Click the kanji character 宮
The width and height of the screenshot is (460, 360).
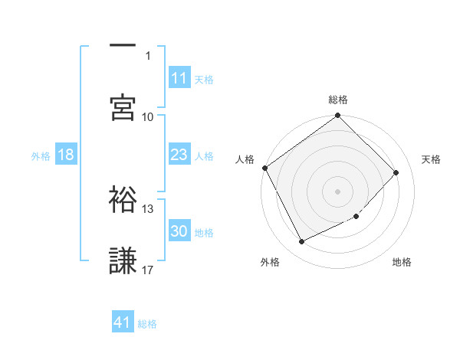click(x=123, y=106)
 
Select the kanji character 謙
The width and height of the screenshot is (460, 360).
click(x=123, y=260)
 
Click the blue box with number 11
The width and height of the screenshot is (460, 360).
click(x=179, y=78)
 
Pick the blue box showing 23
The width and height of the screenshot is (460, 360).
click(x=179, y=155)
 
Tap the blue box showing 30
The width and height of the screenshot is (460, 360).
click(x=179, y=231)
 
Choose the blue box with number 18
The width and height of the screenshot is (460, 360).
click(x=66, y=155)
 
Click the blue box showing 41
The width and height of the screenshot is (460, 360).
click(x=123, y=322)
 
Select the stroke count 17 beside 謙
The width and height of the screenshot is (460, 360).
click(x=148, y=270)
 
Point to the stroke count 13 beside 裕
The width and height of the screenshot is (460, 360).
click(x=148, y=208)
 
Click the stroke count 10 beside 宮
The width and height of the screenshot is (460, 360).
click(x=148, y=116)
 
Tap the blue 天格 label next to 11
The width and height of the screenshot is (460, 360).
click(x=204, y=79)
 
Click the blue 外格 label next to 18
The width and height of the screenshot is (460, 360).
click(x=41, y=155)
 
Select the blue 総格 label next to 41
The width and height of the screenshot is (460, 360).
click(x=147, y=323)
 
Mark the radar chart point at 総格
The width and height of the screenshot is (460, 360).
click(x=337, y=116)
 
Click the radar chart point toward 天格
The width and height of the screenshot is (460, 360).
click(x=396, y=172)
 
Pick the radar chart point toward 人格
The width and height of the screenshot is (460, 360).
click(x=265, y=168)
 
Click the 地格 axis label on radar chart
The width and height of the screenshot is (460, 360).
click(x=402, y=262)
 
